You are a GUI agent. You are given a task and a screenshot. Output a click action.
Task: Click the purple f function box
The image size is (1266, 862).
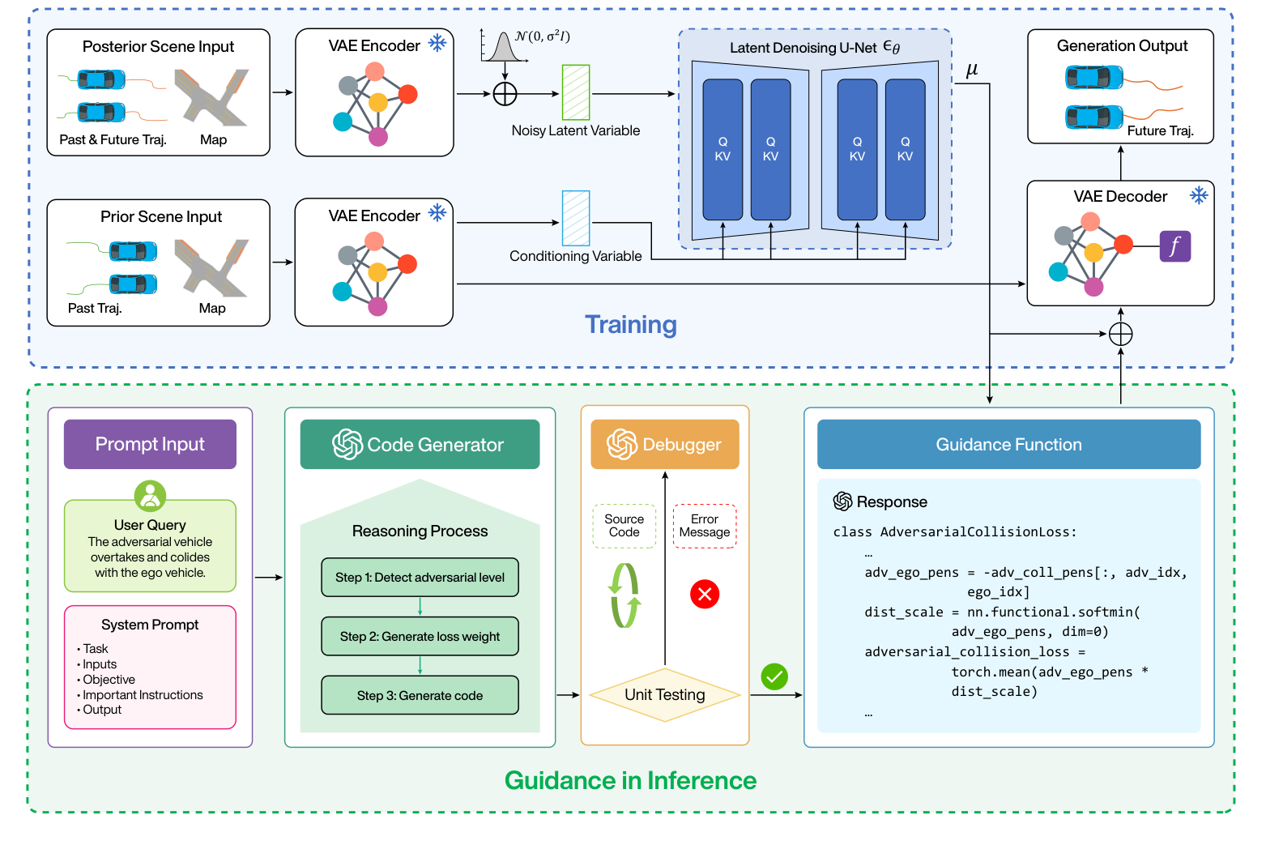coord(1174,245)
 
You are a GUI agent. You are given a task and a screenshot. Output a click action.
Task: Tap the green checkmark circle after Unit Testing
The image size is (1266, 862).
coord(774,676)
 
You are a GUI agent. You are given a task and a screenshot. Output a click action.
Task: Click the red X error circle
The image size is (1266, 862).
coord(705,594)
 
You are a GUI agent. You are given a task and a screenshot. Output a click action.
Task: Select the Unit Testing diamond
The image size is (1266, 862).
coord(664,694)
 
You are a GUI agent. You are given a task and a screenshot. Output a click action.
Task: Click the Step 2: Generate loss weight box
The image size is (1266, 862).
coord(420,636)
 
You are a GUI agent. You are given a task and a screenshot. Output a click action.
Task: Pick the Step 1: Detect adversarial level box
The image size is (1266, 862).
coord(420,577)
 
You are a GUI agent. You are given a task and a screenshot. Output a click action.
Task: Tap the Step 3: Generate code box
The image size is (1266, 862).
coord(420,695)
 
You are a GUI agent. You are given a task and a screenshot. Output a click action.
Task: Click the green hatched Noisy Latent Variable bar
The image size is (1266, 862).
coord(576,92)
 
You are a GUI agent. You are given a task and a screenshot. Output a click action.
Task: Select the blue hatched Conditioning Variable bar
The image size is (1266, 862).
coord(576,218)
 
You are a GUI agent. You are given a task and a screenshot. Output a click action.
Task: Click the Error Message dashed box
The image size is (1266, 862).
coord(704,526)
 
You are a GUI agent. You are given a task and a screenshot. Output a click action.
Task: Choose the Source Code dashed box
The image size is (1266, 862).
coord(624,526)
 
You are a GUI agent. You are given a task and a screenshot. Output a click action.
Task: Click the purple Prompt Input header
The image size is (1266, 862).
coord(150,444)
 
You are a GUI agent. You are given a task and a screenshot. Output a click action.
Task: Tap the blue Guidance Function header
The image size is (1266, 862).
coord(1008,444)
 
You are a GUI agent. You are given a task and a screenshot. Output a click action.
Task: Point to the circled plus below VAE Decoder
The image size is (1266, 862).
coord(1120,334)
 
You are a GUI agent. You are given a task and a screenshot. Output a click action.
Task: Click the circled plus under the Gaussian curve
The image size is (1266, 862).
coord(505,94)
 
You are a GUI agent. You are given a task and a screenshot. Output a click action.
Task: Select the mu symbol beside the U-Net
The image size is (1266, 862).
coord(972,70)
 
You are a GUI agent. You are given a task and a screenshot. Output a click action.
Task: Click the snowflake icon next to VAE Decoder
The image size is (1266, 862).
coord(1199,195)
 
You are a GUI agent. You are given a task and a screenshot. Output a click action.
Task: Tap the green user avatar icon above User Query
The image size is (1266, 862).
coord(150,496)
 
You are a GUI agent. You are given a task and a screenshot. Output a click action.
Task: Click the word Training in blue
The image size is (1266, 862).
coord(631,325)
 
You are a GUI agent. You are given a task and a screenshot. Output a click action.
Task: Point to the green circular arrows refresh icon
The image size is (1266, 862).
coord(624,595)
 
